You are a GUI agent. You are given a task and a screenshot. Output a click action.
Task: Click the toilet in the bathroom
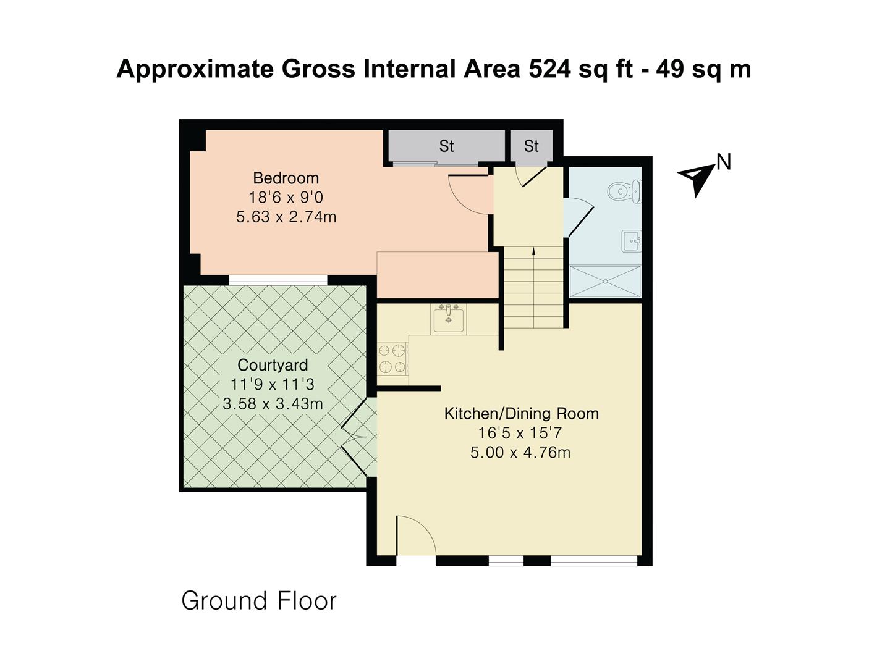[625, 191]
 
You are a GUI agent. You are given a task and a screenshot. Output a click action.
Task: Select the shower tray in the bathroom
[605, 282]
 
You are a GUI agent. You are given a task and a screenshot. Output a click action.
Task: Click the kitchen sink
[448, 319]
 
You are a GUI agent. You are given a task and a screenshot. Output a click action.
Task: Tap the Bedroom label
[286, 178]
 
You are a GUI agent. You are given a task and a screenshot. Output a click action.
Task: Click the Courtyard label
[273, 365]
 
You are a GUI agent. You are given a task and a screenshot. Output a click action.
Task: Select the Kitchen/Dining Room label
[521, 413]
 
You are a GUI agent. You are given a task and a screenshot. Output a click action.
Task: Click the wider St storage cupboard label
[446, 146]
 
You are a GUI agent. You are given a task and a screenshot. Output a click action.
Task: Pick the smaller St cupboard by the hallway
[531, 146]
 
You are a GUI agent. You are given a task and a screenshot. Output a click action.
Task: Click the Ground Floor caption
[258, 600]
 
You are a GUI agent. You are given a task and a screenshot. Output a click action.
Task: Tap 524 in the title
[549, 69]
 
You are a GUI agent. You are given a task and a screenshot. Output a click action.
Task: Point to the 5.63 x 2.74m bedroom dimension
[286, 217]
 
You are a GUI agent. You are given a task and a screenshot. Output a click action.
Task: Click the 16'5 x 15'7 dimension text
[520, 433]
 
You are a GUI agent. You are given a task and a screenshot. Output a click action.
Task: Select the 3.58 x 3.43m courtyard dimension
[273, 404]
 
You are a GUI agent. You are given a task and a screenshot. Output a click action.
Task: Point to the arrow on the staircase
[533, 251]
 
